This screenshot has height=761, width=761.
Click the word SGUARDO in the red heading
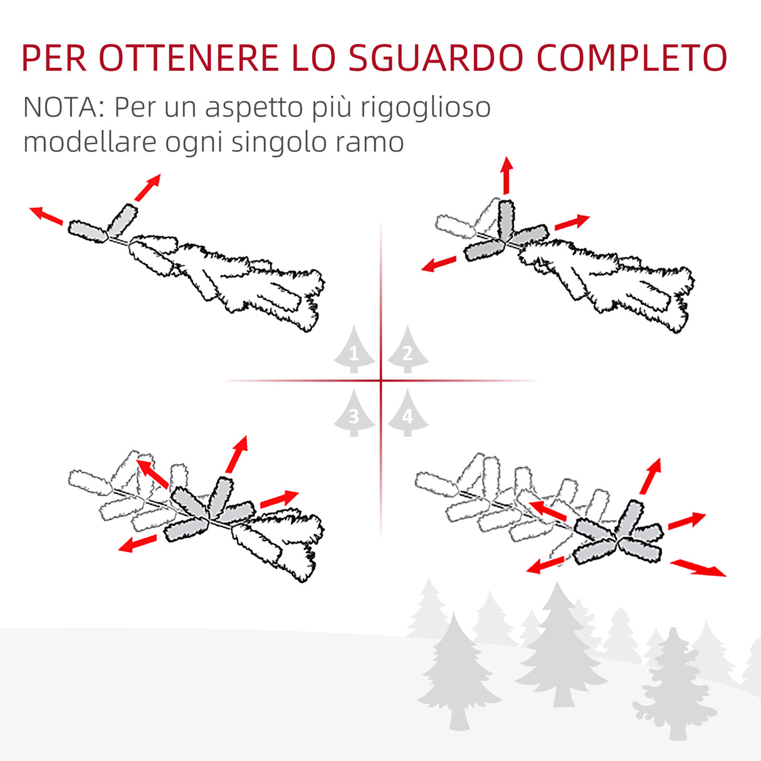pyautogui.click(x=435, y=58)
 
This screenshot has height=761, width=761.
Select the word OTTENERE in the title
pyautogui.click(x=188, y=58)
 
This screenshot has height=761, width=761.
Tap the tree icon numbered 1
pyautogui.click(x=354, y=352)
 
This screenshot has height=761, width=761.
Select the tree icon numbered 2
pyautogui.click(x=407, y=352)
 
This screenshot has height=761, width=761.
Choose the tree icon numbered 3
pyautogui.click(x=354, y=414)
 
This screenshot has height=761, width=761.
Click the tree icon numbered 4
pyautogui.click(x=407, y=414)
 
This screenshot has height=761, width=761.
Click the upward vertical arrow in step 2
pyautogui.click(x=506, y=176)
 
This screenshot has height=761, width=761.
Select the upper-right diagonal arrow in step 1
pyautogui.click(x=149, y=187)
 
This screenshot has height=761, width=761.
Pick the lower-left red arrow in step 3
pyautogui.click(x=137, y=543)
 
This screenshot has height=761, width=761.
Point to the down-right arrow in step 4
pyautogui.click(x=698, y=568)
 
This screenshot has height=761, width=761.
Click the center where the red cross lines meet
pyautogui.click(x=381, y=380)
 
